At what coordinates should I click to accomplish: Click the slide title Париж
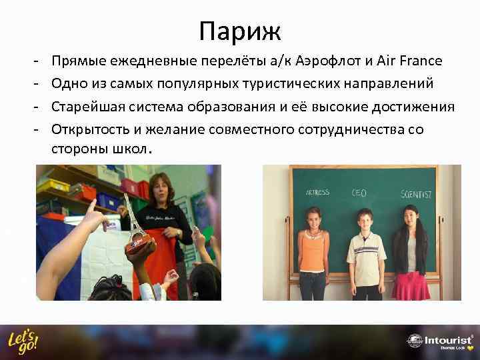[x=240, y=30]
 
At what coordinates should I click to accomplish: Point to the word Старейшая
[x=84, y=107]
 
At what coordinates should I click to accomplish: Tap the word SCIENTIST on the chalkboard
[x=415, y=194]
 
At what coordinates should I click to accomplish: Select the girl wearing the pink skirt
[x=411, y=253]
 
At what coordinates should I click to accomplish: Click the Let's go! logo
[x=23, y=342]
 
